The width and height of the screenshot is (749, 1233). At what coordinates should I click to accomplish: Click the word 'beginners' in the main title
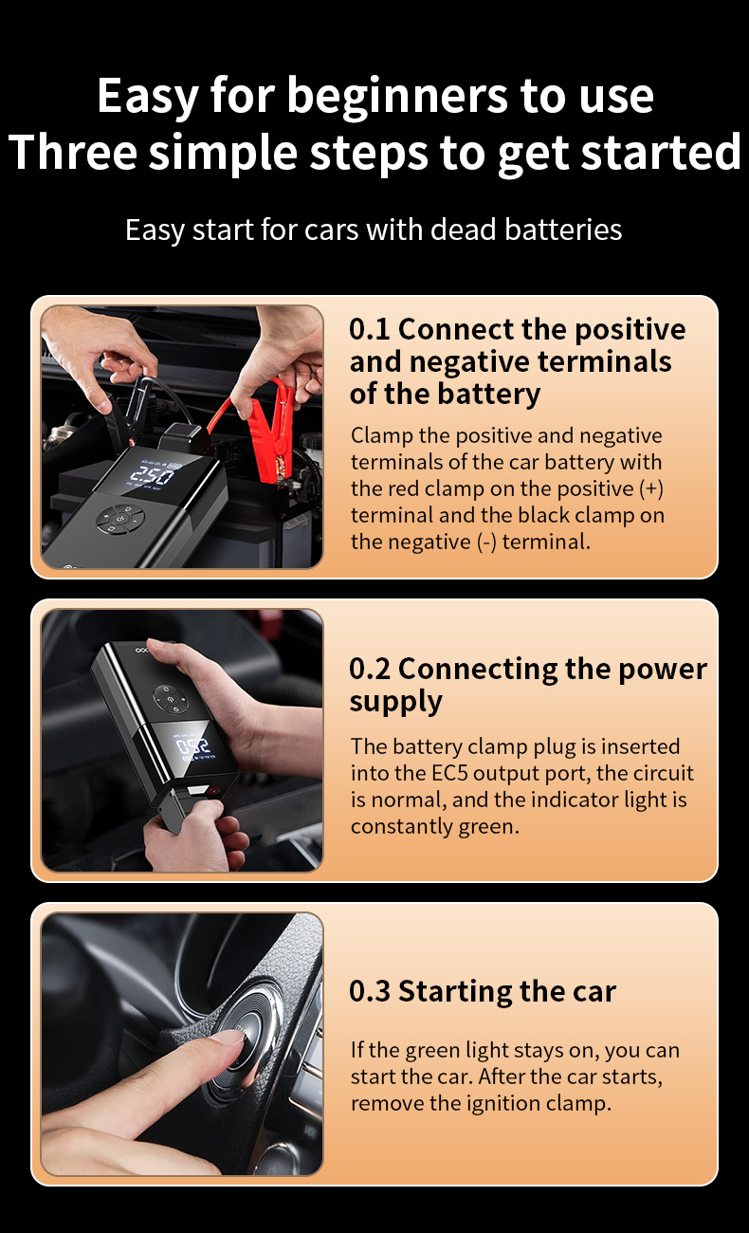(397, 98)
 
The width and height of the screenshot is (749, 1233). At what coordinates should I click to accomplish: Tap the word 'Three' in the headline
(72, 152)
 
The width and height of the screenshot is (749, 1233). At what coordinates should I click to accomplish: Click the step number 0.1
(370, 329)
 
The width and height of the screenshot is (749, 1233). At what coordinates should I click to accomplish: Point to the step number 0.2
(370, 669)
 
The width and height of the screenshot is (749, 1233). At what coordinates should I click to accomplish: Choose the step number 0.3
(370, 991)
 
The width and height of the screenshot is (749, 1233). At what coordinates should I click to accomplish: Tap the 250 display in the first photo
(152, 473)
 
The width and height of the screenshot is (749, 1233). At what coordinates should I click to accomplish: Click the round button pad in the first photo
(121, 519)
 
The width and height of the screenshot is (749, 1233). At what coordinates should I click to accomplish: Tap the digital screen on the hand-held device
(195, 748)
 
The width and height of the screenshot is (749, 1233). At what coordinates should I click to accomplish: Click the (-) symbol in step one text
(486, 543)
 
